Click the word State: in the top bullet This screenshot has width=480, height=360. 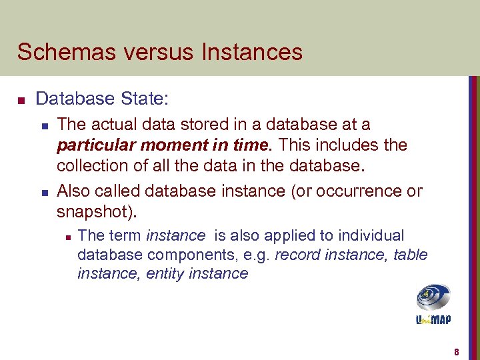pos(145,99)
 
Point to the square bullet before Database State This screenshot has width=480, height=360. pos(21,101)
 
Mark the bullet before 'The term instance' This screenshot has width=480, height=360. pos(65,236)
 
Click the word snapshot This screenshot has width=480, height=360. pos(93,212)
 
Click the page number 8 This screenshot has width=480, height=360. pos(457,351)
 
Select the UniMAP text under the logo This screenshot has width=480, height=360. pos(433,319)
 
